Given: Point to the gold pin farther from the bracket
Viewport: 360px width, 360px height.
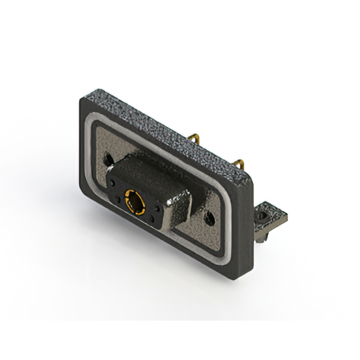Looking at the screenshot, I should [x=195, y=138].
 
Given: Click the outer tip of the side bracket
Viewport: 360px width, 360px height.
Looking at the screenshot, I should [x=285, y=215].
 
